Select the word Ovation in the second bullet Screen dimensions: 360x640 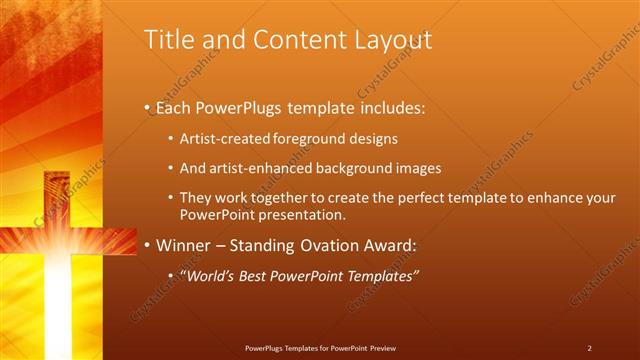click(340, 245)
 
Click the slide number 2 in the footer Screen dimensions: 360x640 click(589, 348)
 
